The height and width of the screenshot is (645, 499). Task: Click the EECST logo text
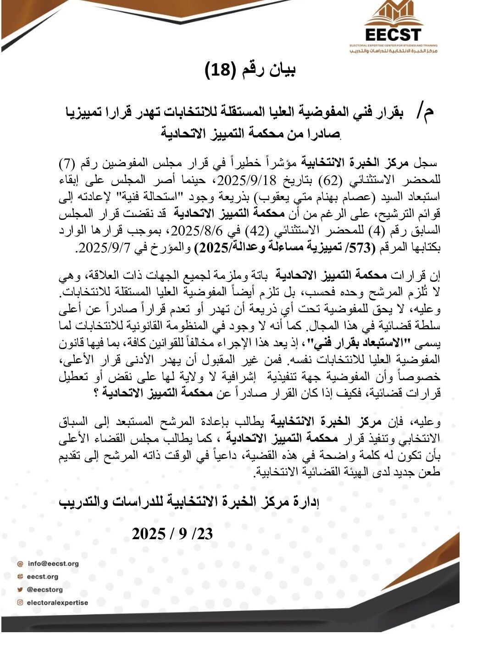393,35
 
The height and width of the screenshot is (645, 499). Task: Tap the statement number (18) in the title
220,70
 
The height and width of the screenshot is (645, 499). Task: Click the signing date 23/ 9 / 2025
172,534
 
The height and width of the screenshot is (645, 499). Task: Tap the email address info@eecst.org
53,563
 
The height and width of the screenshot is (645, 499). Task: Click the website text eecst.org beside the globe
43,576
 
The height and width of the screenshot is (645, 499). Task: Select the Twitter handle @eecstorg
44,589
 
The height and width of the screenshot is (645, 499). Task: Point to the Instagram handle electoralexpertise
57,602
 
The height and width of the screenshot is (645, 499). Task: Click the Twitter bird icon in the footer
20,590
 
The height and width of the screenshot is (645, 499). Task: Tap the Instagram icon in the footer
20,602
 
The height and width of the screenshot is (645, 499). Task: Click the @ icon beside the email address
20,564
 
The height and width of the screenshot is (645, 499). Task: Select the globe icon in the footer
20,577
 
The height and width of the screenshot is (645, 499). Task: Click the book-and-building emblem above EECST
394,14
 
